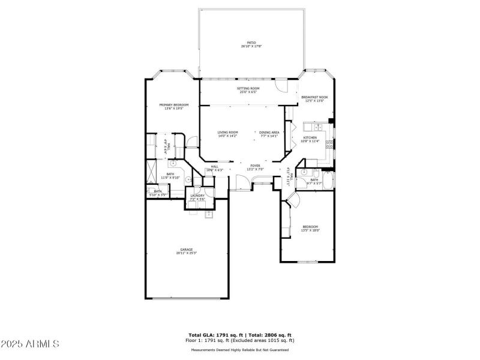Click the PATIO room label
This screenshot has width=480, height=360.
[251, 43]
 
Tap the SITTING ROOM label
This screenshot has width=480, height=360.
[248, 88]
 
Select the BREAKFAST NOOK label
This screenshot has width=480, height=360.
[314, 97]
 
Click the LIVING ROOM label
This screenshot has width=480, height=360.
[227, 132]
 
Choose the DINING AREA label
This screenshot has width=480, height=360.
[269, 132]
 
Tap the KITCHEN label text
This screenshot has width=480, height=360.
[310, 138]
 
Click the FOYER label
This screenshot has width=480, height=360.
[255, 166]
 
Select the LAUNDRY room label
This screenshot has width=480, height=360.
[197, 196]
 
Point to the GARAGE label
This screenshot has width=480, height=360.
[186, 250]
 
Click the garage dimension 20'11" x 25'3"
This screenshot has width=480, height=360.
[186, 253]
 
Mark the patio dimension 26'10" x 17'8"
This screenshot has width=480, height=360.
[251, 47]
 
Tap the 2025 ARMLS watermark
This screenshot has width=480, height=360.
[30, 344]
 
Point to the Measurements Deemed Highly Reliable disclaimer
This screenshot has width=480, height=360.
[240, 350]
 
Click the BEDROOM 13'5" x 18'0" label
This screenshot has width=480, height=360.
[310, 227]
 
